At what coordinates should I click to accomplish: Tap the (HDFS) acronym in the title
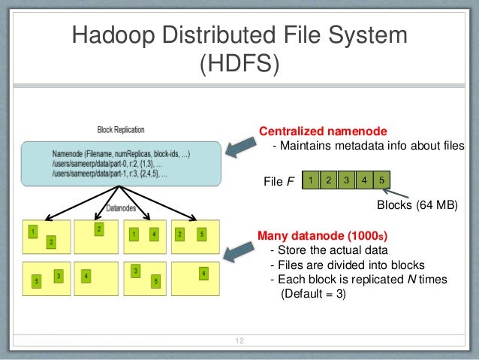[238, 65]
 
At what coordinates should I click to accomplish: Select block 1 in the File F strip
[309, 180]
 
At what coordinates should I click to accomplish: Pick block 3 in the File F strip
[345, 180]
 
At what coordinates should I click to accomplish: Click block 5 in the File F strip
[381, 180]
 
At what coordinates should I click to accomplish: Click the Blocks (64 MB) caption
[415, 204]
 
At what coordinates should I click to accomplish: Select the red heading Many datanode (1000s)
[323, 234]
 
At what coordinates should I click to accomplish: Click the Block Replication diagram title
[122, 130]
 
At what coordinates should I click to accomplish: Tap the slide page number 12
[240, 343]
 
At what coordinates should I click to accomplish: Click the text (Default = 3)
[313, 294]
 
